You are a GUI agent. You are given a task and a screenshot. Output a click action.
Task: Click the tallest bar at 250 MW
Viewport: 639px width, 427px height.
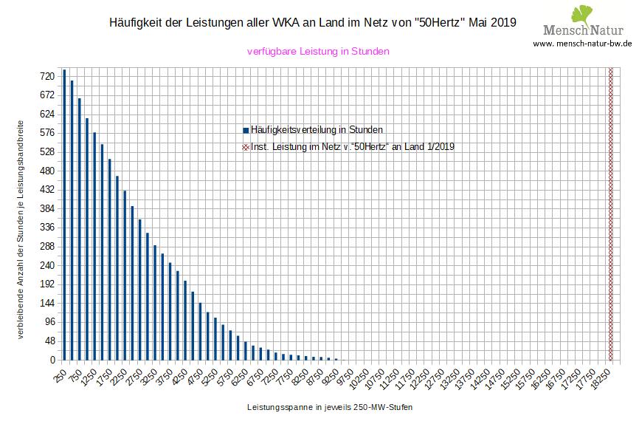pyautogui.click(x=64, y=214)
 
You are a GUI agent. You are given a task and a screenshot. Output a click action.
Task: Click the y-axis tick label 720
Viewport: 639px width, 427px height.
pyautogui.click(x=48, y=76)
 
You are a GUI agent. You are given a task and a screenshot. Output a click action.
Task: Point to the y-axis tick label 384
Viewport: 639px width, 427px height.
pyautogui.click(x=48, y=208)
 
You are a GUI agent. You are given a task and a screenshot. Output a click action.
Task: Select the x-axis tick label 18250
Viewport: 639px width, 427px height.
pyautogui.click(x=601, y=378)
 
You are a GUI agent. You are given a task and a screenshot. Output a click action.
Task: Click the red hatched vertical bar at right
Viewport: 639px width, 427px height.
pyautogui.click(x=610, y=214)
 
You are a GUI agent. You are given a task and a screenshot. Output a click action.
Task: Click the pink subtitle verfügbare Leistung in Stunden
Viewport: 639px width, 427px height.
pyautogui.click(x=318, y=52)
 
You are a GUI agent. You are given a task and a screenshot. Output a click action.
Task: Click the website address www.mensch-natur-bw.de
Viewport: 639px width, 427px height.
pyautogui.click(x=583, y=44)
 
